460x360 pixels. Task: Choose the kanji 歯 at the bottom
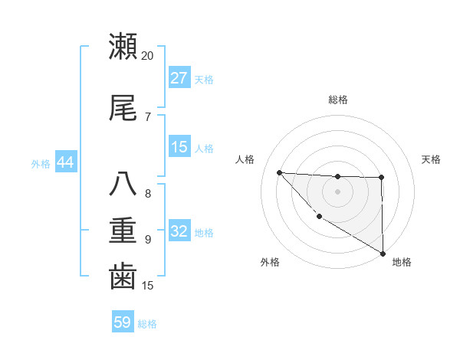coord(123,276)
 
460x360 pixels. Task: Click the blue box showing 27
coord(179,78)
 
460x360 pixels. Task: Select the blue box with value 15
coord(179,148)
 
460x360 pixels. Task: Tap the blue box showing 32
coord(179,232)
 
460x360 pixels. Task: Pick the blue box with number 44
coord(65,162)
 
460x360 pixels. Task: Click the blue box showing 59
coord(123,322)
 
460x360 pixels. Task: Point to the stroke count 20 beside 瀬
coord(148,56)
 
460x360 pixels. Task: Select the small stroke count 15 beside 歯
coord(148,286)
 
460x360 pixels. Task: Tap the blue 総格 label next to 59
coord(148,324)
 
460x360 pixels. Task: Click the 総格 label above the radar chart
coord(338,100)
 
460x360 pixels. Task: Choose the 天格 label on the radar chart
coord(432,159)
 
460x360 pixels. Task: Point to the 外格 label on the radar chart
coord(270,262)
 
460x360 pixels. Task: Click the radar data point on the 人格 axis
coord(279,172)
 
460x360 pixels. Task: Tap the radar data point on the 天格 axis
coord(381,178)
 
